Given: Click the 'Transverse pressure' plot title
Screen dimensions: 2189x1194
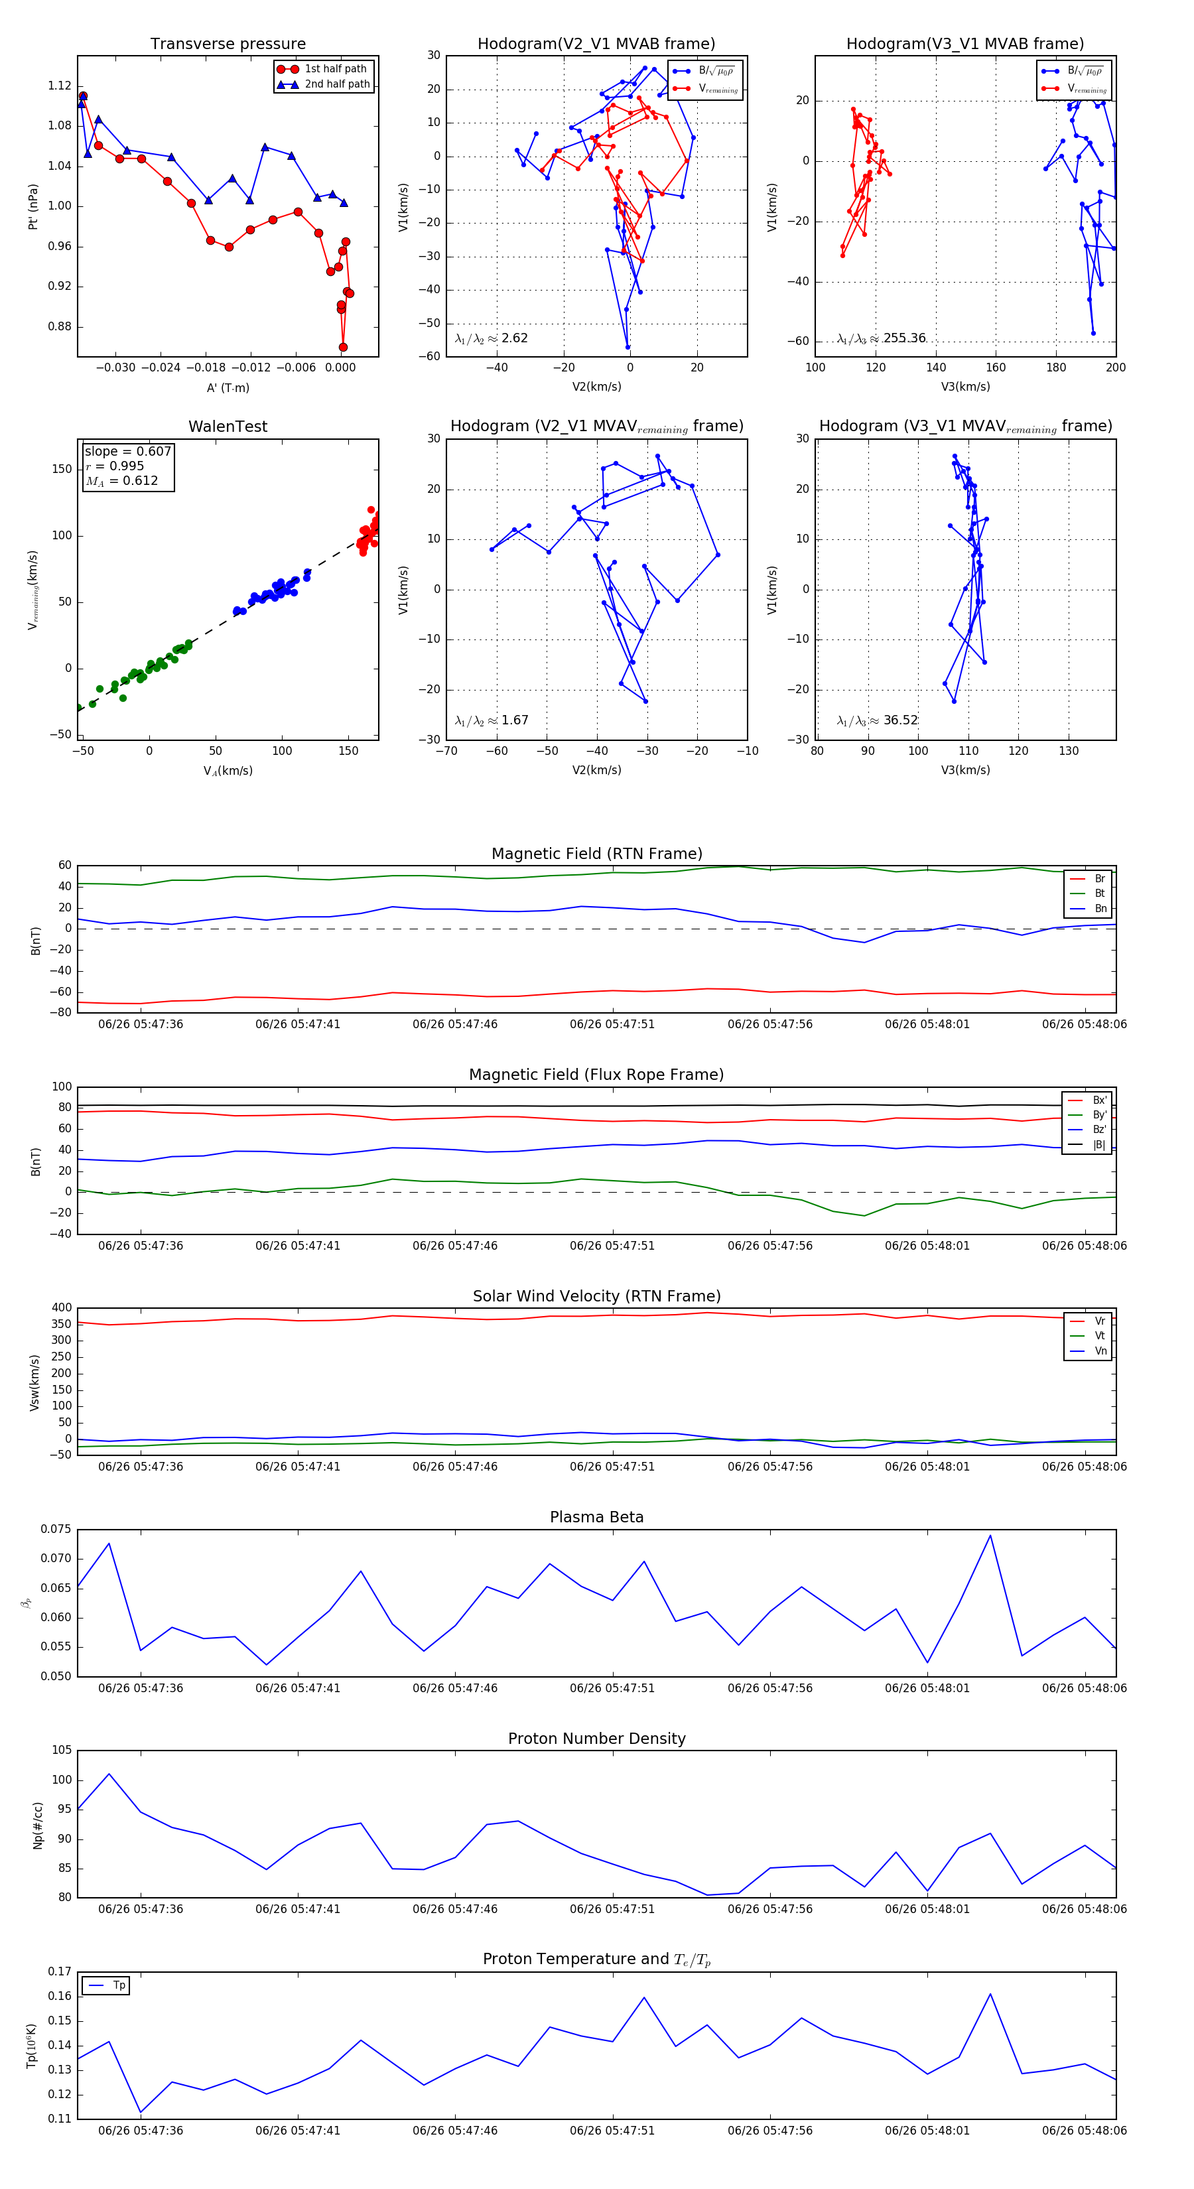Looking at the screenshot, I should click(228, 44).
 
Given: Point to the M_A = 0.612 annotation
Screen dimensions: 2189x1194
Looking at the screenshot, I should click(121, 481).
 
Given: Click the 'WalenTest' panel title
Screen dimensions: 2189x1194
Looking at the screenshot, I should click(228, 427).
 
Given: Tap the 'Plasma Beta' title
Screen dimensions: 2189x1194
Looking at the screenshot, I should click(596, 1518).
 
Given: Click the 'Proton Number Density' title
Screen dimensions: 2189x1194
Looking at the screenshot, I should click(596, 1739).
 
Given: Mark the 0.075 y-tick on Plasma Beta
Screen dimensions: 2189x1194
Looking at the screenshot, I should click(56, 1530).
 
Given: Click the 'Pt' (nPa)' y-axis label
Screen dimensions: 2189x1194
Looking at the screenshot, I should click(33, 206).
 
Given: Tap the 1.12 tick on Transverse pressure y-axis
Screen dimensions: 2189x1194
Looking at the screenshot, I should click(60, 86).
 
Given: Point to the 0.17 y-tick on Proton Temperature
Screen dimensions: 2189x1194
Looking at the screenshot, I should click(60, 1971).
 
